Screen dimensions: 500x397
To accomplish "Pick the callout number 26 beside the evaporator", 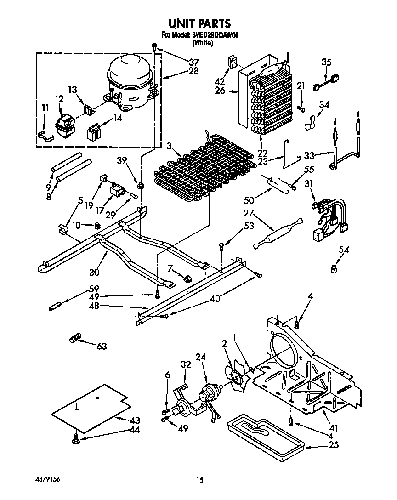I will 220,91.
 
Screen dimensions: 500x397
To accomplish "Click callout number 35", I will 326,62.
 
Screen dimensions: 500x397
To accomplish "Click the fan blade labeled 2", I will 238,377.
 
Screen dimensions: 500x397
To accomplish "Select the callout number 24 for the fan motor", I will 200,357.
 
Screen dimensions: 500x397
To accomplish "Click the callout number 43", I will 135,420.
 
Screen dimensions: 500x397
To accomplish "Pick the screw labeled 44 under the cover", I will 75,441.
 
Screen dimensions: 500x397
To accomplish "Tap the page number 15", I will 199,481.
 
